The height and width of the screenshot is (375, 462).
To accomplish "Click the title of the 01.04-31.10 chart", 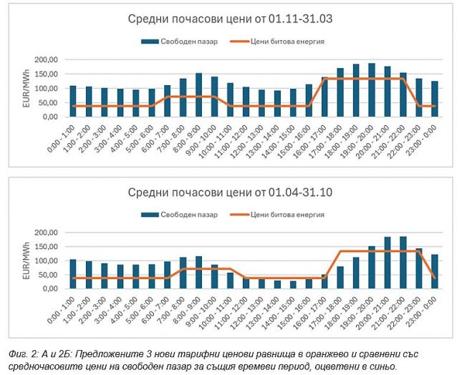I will (231, 193).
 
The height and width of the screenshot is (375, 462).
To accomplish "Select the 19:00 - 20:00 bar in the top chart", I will (372, 90).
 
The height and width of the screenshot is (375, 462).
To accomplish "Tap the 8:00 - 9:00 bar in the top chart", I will (198, 95).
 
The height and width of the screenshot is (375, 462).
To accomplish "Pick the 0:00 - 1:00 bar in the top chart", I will (73, 101).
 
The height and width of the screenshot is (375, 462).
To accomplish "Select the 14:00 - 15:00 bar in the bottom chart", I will (292, 284).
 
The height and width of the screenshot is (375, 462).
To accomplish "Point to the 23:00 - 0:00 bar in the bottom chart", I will (434, 271).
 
